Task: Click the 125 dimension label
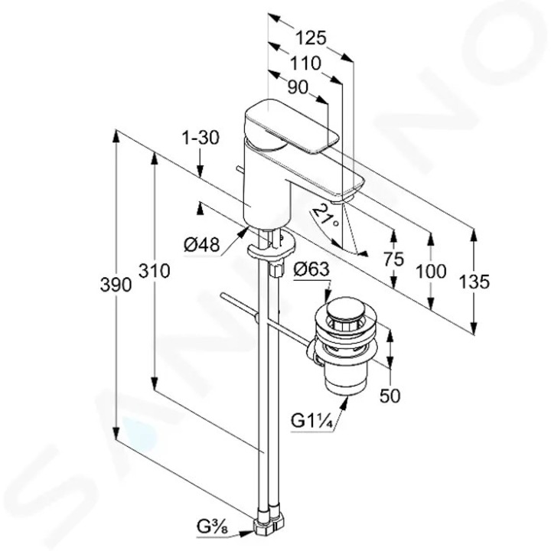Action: pyautogui.click(x=311, y=38)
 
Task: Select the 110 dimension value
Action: pyautogui.click(x=305, y=64)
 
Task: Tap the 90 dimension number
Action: pyautogui.click(x=298, y=87)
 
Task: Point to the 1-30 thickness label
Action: pyautogui.click(x=201, y=138)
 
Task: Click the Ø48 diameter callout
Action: pyautogui.click(x=202, y=244)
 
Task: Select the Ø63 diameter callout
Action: pyautogui.click(x=311, y=270)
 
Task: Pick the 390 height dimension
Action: pyautogui.click(x=116, y=285)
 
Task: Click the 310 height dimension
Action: pyautogui.click(x=155, y=271)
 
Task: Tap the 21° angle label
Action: pyautogui.click(x=326, y=216)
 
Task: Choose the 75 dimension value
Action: pyautogui.click(x=393, y=259)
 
